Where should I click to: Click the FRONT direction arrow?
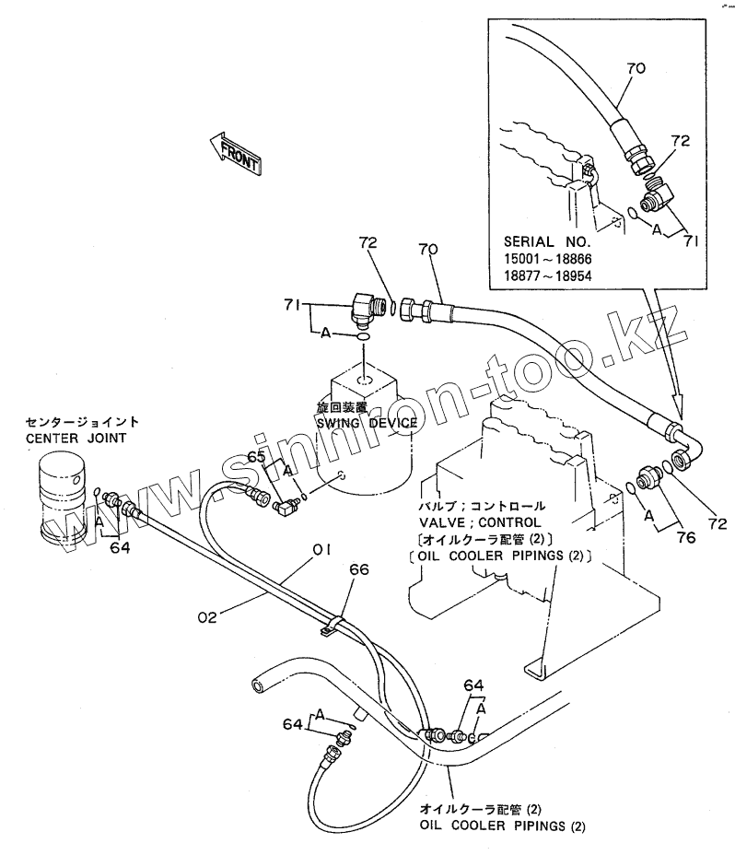coord(236,151)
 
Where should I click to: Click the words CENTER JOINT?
coord(76,438)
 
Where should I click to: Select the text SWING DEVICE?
coord(367,423)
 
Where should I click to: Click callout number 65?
coord(256,456)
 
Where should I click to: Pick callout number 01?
coord(321,551)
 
